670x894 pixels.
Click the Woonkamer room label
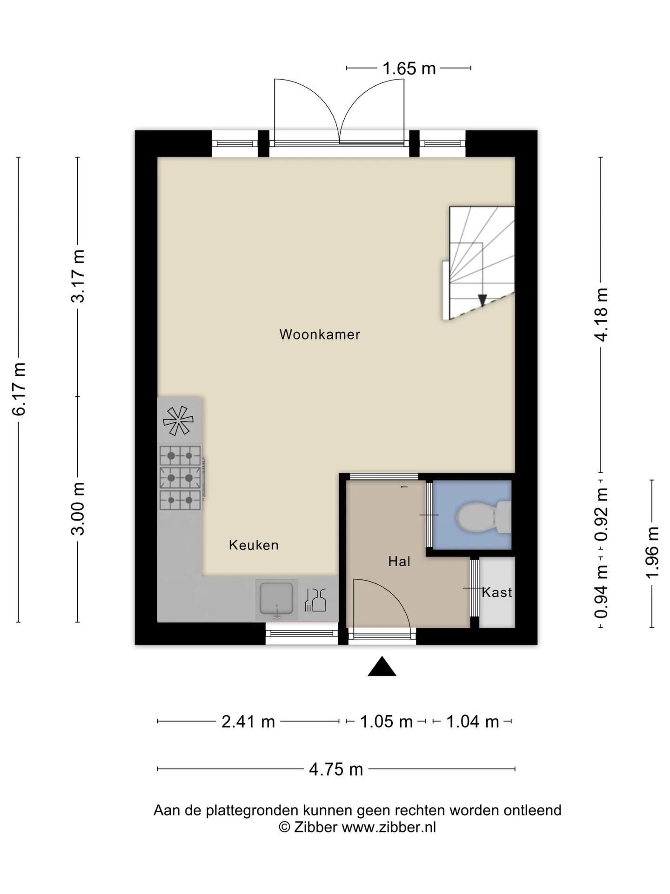pyautogui.click(x=320, y=334)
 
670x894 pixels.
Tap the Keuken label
pyautogui.click(x=254, y=545)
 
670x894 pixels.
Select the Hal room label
pyautogui.click(x=399, y=562)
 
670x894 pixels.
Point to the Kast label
pyautogui.click(x=497, y=592)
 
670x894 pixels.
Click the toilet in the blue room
pyautogui.click(x=483, y=516)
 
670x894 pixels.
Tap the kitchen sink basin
pyautogui.click(x=276, y=600)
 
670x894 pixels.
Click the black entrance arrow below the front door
pyautogui.click(x=382, y=666)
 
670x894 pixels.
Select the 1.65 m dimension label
pyautogui.click(x=409, y=69)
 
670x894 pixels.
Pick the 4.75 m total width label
pyautogui.click(x=336, y=769)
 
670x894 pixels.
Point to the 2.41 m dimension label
pyautogui.click(x=248, y=722)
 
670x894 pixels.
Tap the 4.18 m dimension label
pyautogui.click(x=602, y=315)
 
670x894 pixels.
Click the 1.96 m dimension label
pyautogui.click(x=653, y=553)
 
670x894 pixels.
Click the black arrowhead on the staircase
pyautogui.click(x=482, y=300)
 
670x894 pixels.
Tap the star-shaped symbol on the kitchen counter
pyautogui.click(x=178, y=421)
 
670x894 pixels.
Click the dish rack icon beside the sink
pyautogui.click(x=315, y=600)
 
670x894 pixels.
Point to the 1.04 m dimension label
pyautogui.click(x=472, y=722)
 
